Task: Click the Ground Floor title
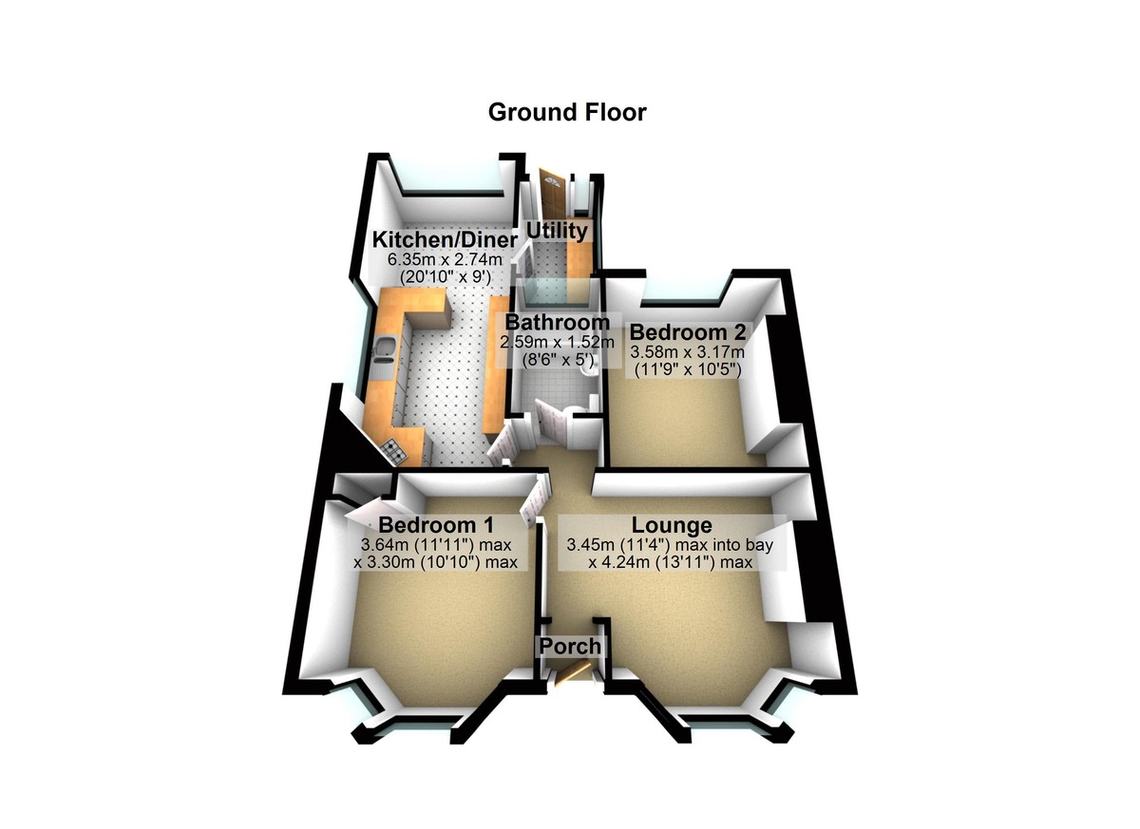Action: click(567, 112)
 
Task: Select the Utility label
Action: click(558, 231)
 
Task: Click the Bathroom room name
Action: click(558, 322)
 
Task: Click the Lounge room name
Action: click(673, 525)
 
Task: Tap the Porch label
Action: click(570, 647)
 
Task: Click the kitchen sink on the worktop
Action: click(385, 350)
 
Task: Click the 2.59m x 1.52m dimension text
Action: click(558, 341)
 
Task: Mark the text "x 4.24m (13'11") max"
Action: click(671, 562)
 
